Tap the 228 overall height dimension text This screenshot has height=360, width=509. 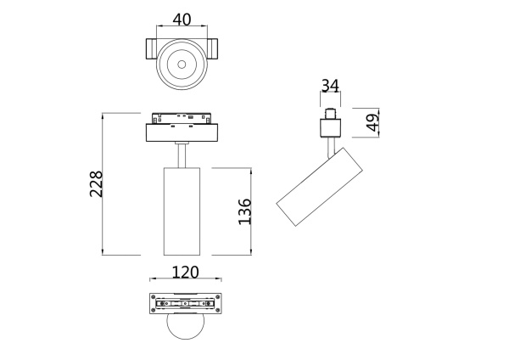pyautogui.click(x=96, y=183)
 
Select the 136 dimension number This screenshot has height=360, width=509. pyautogui.click(x=243, y=211)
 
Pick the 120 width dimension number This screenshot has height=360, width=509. pyautogui.click(x=185, y=272)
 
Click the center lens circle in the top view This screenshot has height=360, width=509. pyautogui.click(x=182, y=63)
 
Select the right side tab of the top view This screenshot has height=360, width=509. pyautogui.click(x=212, y=50)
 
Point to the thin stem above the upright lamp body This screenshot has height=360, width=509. pyautogui.click(x=182, y=155)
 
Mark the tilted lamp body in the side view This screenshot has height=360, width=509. pyautogui.click(x=319, y=188)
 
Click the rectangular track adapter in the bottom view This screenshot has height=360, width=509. pyautogui.click(x=185, y=304)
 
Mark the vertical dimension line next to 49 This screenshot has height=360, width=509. pyautogui.click(x=378, y=123)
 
